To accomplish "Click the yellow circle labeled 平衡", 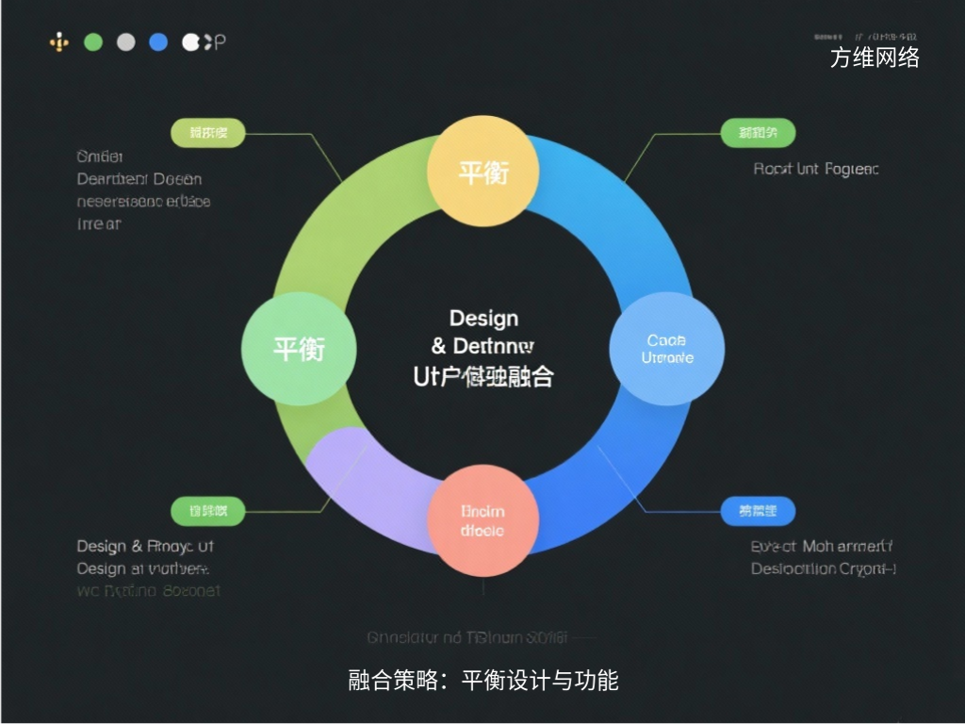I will pos(482,172).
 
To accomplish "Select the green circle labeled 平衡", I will pos(299,349).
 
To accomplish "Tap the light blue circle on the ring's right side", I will pos(667,349).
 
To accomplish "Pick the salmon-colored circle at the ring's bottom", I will pos(482,520).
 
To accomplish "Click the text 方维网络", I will pos(875,58).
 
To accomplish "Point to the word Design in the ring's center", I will pos(483,319).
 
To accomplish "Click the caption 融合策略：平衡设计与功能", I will pos(482,680).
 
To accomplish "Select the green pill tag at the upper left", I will pos(207,133).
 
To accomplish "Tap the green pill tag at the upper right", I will pos(758,133).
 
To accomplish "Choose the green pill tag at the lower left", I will pos(207,511).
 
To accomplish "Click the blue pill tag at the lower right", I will pos(758,511).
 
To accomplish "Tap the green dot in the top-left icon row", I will pos(92,41).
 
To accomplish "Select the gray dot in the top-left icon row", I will pos(125,41).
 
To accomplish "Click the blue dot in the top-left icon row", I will pos(158,41).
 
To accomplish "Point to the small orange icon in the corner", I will pos(59,41).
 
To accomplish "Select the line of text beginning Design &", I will pos(145,546).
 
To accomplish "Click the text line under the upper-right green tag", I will pos(816,169).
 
